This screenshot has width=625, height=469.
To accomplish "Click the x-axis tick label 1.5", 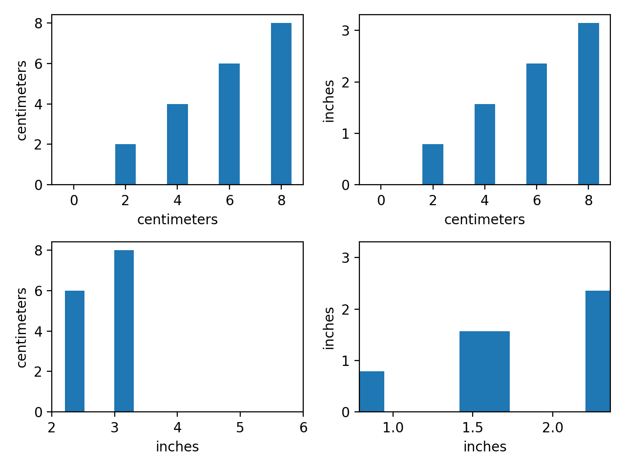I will pyautogui.click(x=472, y=428).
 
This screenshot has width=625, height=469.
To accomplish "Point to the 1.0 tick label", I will pyautogui.click(x=393, y=428).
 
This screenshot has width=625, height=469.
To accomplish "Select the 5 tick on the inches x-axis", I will pyautogui.click(x=240, y=428).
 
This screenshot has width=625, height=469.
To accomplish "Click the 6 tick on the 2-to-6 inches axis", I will pyautogui.click(x=303, y=428).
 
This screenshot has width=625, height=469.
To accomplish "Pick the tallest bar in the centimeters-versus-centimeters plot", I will pyautogui.click(x=281, y=104).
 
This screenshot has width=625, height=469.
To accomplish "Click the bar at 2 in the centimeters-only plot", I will pyautogui.click(x=125, y=164).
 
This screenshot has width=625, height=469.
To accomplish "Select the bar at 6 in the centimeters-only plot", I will pyautogui.click(x=229, y=124).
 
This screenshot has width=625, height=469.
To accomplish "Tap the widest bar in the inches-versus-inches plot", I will pyautogui.click(x=484, y=371).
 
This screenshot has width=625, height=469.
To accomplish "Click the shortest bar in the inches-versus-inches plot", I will pyautogui.click(x=372, y=391).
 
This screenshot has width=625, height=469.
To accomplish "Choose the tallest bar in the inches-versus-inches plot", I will pyautogui.click(x=598, y=351).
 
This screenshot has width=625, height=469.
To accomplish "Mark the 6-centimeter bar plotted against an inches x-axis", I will pyautogui.click(x=75, y=351).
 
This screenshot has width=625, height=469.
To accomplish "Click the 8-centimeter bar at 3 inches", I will pyautogui.click(x=124, y=331).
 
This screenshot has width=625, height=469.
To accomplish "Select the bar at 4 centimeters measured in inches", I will pyautogui.click(x=484, y=144).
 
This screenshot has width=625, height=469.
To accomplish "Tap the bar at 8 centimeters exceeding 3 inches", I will pyautogui.click(x=588, y=104).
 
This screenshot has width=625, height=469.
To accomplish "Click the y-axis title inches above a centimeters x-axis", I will pyautogui.click(x=330, y=101).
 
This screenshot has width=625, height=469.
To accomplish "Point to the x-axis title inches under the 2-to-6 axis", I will pyautogui.click(x=177, y=447).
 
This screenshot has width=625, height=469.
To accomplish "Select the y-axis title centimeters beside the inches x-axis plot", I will pyautogui.click(x=22, y=327).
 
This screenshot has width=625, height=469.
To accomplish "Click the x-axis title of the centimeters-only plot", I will pyautogui.click(x=177, y=220).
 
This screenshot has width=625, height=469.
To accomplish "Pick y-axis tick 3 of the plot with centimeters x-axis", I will pyautogui.click(x=346, y=31).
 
